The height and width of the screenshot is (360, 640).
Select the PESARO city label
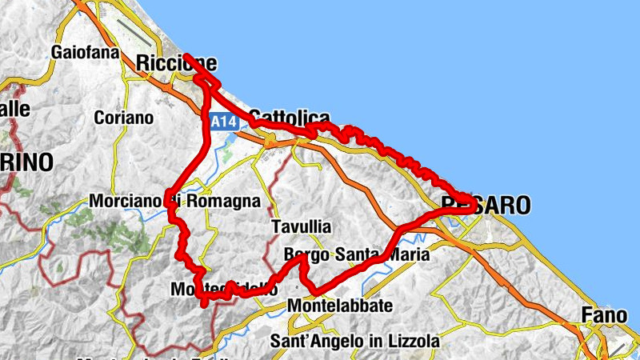pos(486,206)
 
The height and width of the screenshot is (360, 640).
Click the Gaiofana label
pos(85,53)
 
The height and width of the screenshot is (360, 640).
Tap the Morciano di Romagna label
pos(176,202)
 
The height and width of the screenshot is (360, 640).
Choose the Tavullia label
pos(301,226)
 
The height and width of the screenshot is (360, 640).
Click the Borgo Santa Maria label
pos(357,255)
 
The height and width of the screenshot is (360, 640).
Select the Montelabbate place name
pos(340,306)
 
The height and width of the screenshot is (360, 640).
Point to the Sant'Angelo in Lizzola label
pos(354,341)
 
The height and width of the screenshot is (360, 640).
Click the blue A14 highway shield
pos(225,122)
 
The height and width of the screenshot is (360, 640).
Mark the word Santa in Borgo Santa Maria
pos(360,255)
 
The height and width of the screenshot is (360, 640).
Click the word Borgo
pos(306,255)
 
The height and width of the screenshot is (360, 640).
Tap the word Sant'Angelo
pos(311,341)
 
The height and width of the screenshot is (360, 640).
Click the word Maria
pos(408,255)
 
